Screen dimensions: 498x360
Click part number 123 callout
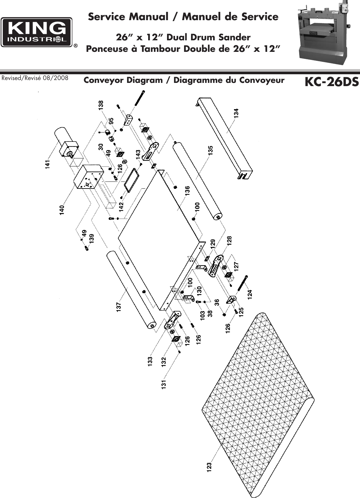tap(209, 468)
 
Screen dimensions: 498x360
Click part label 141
tap(48, 164)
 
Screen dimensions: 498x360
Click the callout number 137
tap(119, 307)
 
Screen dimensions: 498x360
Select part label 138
tap(101, 106)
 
